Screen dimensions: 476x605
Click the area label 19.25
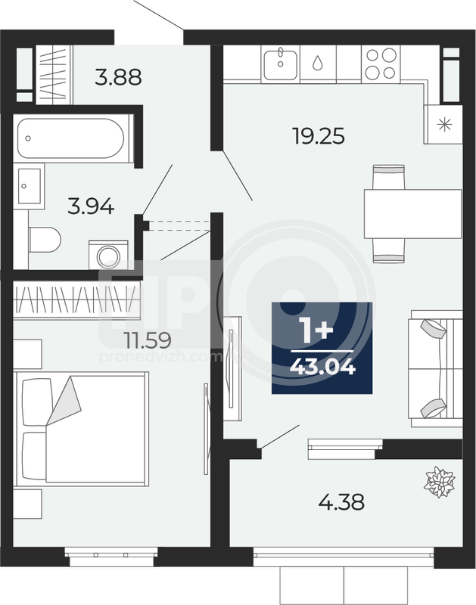pos(319,136)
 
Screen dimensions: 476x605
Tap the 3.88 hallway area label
pos(119,77)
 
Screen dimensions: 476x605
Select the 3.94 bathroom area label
pos(91,206)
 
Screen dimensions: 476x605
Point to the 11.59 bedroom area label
pos(148,340)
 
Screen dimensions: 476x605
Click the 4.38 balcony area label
pos(341,502)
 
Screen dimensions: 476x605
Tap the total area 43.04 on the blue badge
pos(322,367)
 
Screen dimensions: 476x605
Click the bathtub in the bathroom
pos(71,138)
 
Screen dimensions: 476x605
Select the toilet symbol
pos(45,239)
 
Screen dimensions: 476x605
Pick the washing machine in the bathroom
pos(108,255)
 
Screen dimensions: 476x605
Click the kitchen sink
pos(280,64)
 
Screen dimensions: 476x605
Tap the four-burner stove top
pos(381,64)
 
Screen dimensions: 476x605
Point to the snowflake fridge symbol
pos(443,125)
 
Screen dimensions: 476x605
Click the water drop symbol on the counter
pos(317,63)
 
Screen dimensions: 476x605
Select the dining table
pos(412,214)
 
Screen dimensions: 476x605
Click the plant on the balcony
pos(440,482)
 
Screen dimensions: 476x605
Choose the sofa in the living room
pos(435,368)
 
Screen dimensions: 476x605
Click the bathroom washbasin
pos(29,186)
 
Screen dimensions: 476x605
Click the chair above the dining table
pos(389,177)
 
